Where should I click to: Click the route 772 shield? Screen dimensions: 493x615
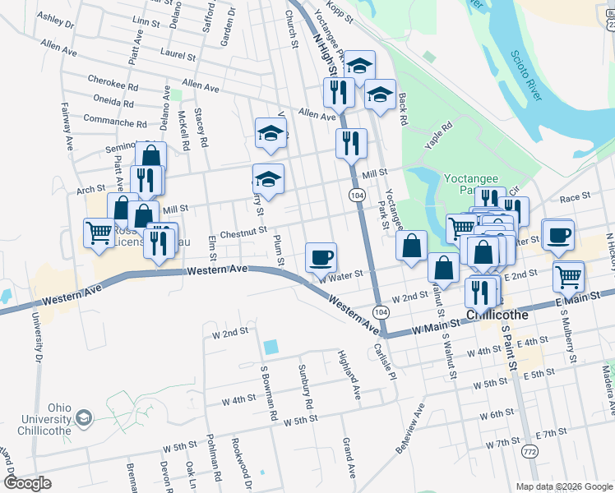[x=527, y=452]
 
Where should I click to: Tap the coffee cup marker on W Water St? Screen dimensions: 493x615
[x=321, y=257]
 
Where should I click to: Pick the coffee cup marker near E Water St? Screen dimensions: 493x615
[x=557, y=234]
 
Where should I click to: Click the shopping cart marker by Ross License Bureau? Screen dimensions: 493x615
[x=99, y=233]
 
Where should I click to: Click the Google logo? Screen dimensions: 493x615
[x=27, y=483]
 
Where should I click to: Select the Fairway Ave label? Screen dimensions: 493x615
[x=67, y=126]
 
